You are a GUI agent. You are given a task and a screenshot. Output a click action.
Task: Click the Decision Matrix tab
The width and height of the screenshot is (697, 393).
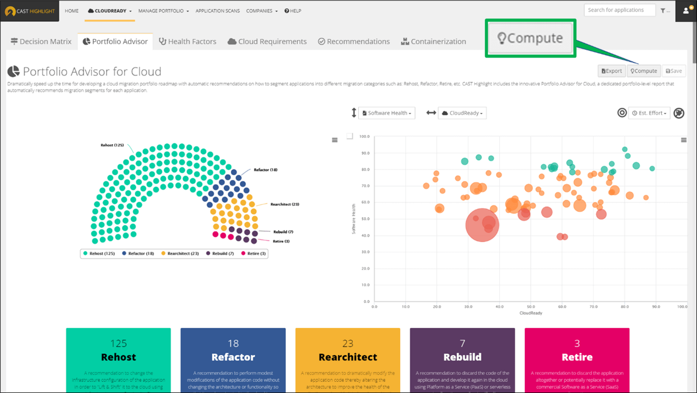click(x=41, y=41)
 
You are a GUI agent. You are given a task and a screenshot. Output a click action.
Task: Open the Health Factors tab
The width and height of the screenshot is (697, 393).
click(x=188, y=41)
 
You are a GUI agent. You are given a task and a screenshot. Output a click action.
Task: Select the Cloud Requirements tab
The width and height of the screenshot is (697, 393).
click(x=267, y=41)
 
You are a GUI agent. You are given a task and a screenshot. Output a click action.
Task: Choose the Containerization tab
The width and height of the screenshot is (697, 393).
click(x=433, y=41)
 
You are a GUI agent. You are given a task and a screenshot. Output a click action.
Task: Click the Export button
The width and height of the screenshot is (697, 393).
click(x=612, y=71)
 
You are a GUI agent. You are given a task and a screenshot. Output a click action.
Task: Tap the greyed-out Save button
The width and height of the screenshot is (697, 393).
click(x=674, y=71)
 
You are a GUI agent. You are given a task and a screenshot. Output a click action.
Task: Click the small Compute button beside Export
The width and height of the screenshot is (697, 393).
click(x=644, y=71)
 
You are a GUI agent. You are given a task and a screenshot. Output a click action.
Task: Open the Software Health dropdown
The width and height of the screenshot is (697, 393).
click(x=387, y=113)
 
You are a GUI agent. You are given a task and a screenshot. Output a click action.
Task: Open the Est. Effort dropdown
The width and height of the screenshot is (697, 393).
click(x=649, y=113)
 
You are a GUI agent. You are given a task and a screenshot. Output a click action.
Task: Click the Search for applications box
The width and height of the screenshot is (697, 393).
click(x=619, y=10)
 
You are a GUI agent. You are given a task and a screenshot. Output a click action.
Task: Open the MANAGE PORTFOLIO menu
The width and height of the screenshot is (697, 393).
click(x=163, y=11)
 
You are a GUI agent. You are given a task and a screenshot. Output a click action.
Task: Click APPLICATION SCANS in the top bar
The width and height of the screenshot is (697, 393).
click(x=218, y=11)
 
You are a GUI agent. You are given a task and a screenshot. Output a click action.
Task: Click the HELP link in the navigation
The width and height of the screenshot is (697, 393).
click(x=293, y=11)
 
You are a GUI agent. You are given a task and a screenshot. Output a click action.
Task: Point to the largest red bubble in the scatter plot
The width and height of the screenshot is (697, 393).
click(x=482, y=225)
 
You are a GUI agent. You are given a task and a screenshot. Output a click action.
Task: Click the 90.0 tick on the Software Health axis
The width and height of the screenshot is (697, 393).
click(x=365, y=153)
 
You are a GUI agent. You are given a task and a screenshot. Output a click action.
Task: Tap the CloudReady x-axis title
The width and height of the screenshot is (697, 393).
click(x=531, y=313)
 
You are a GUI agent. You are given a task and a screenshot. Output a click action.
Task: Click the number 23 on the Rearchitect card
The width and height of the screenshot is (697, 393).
click(x=348, y=343)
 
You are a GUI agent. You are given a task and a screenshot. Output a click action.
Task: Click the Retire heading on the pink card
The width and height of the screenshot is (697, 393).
click(x=577, y=357)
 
